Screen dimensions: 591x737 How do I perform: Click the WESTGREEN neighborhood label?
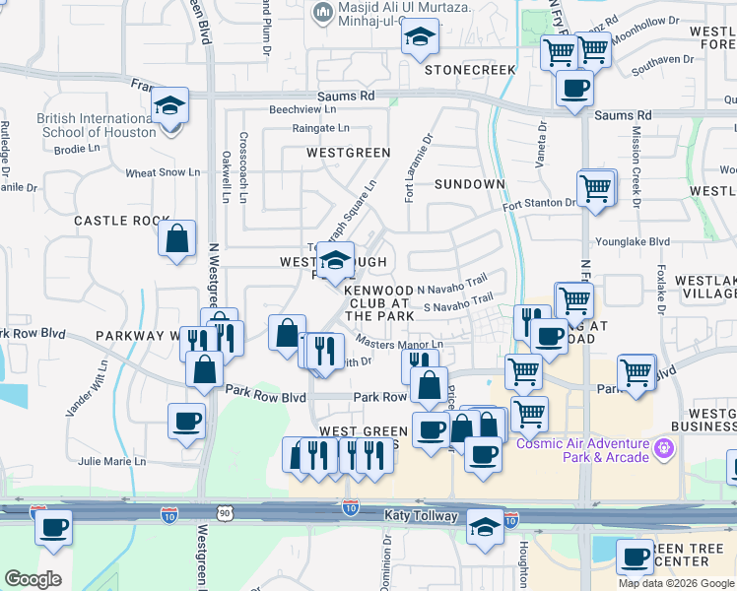click(x=348, y=153)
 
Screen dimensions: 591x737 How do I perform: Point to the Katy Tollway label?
click(x=421, y=515)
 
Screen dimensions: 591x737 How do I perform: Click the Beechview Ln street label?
click(x=302, y=109)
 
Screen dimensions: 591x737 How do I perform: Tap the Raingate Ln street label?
click(x=320, y=128)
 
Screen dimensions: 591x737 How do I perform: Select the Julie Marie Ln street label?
click(x=111, y=461)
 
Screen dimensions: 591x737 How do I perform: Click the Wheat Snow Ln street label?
click(x=163, y=172)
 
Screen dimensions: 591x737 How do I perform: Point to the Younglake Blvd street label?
click(x=632, y=241)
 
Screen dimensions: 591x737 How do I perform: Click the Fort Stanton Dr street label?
click(x=539, y=203)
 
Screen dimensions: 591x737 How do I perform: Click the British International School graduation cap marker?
click(x=170, y=105)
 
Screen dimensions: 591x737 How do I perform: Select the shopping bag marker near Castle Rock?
click(x=176, y=239)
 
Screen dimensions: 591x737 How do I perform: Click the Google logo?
click(x=33, y=579)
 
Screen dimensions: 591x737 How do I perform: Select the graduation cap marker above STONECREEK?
click(x=421, y=39)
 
